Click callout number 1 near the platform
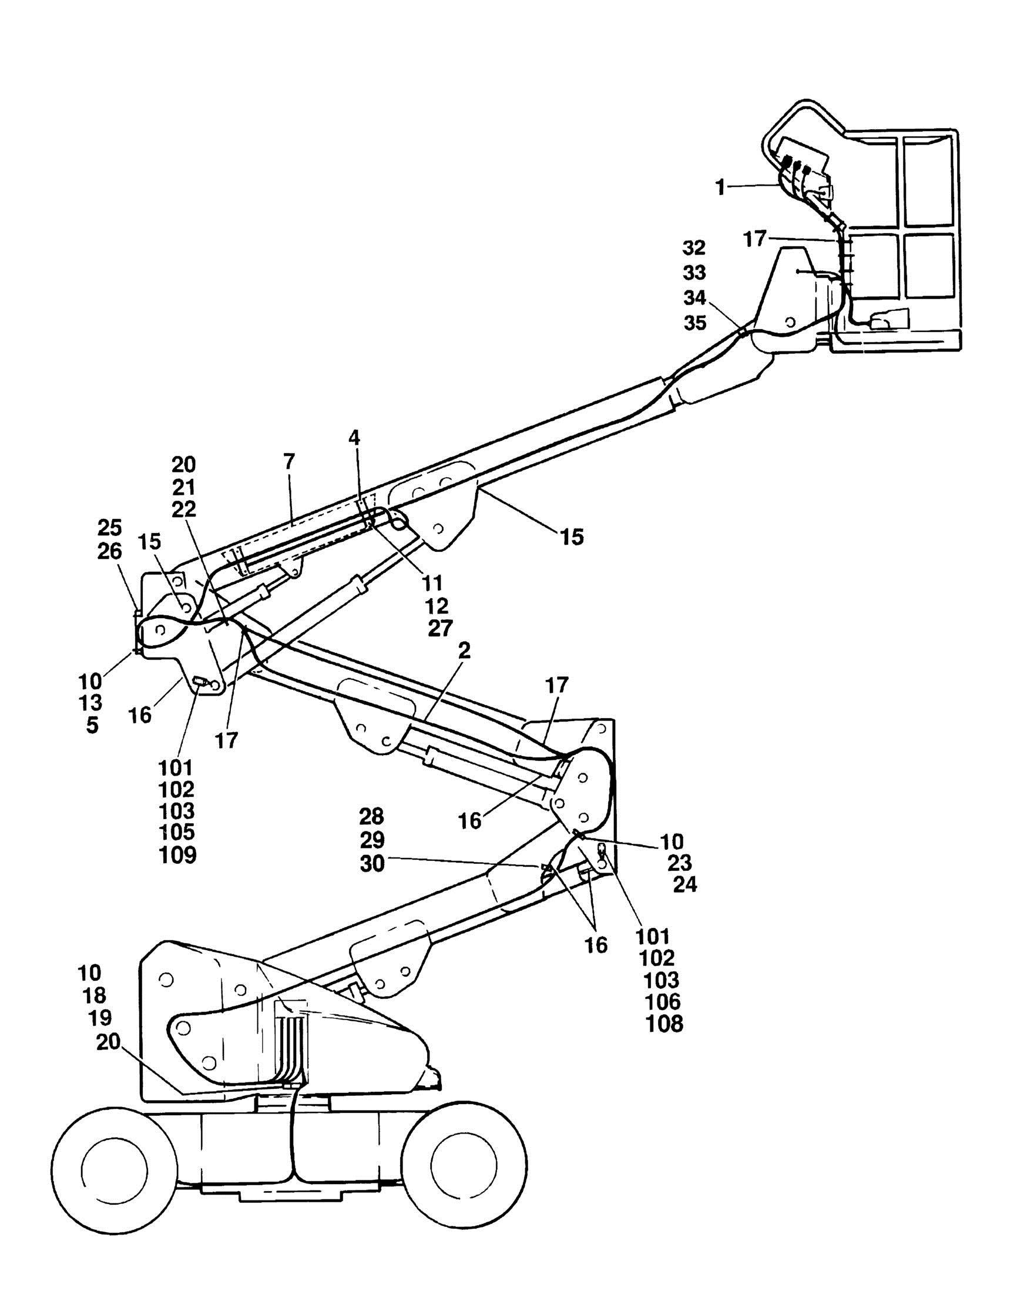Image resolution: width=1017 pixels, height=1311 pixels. [x=720, y=188]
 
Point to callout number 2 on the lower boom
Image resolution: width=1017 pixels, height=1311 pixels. [x=465, y=651]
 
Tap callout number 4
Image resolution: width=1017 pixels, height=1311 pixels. [x=355, y=438]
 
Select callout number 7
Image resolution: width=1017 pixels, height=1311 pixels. [x=288, y=462]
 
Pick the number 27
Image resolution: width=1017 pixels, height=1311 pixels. [x=440, y=628]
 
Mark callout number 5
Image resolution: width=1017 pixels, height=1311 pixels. [x=92, y=725]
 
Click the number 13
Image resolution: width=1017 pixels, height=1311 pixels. [x=90, y=702]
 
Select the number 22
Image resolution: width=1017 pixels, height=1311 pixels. [x=183, y=509]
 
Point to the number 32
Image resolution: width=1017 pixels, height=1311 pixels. [x=694, y=247]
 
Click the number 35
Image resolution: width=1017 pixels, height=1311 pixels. [x=696, y=323]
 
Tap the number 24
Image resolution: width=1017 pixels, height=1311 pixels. [x=684, y=884]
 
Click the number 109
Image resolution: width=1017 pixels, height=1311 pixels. [x=177, y=855]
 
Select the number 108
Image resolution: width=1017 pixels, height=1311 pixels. [x=664, y=1024]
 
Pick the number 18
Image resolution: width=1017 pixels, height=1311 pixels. [x=93, y=995]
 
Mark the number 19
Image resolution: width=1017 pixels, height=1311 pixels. [x=100, y=1018]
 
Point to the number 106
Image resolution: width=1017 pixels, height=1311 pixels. [x=663, y=1001]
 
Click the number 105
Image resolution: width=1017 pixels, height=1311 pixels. [x=176, y=832]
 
